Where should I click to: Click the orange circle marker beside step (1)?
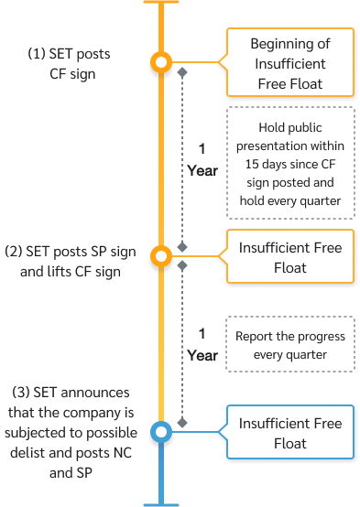tap(161, 62)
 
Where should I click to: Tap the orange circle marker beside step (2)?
tap(161, 256)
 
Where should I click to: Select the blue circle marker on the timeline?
tap(161, 431)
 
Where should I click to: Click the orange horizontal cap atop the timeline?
tap(161, 3)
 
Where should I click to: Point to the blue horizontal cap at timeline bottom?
tap(161, 503)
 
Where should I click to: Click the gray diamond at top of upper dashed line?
tap(183, 71)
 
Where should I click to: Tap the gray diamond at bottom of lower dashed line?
tap(183, 423)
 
